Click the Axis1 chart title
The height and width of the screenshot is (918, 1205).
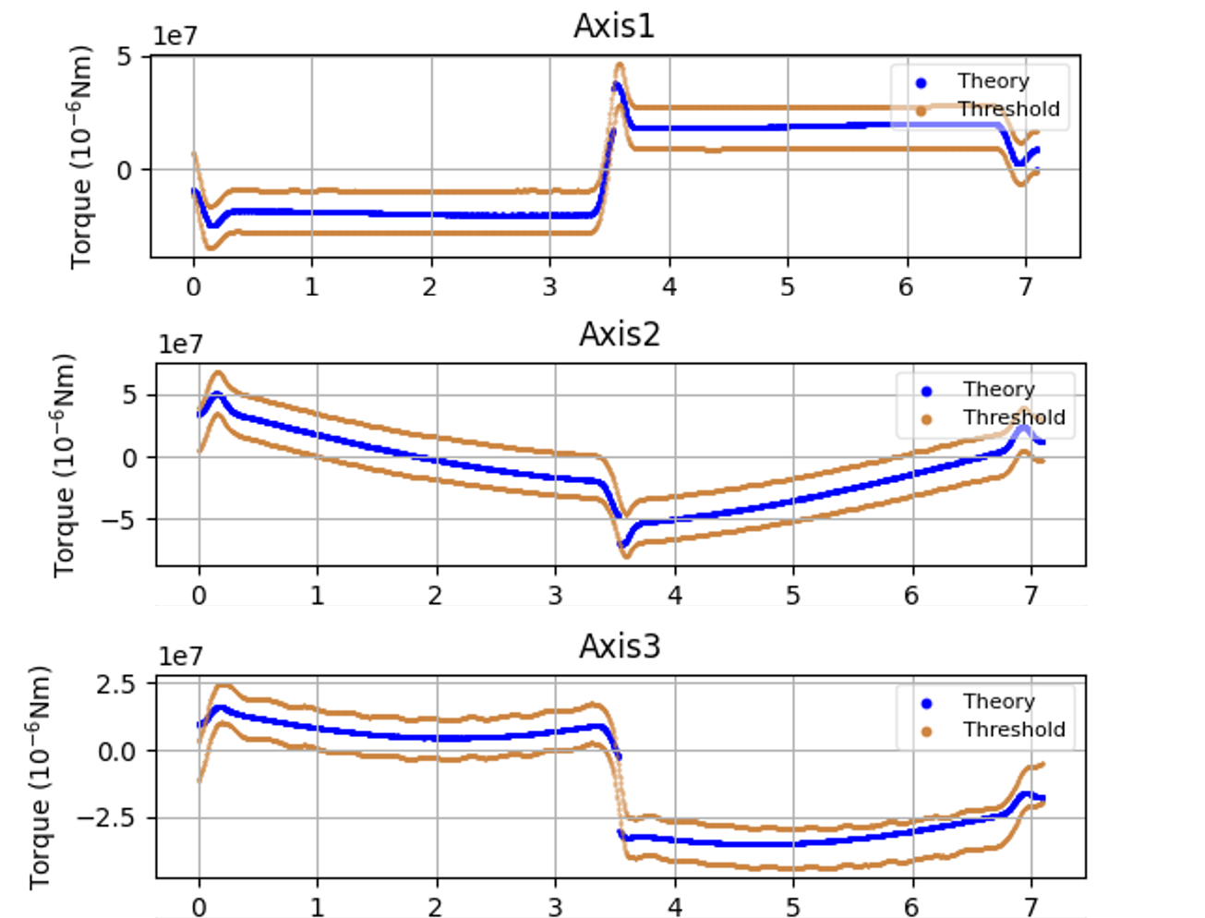(x=614, y=26)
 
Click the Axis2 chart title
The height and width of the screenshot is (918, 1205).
(x=620, y=333)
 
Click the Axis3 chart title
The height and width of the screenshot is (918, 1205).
(x=620, y=646)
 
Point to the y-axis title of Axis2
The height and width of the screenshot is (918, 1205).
(x=64, y=465)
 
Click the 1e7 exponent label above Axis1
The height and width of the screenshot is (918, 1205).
(x=175, y=36)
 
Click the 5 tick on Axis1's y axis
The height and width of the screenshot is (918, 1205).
(x=124, y=57)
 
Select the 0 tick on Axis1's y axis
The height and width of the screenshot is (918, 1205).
(x=124, y=170)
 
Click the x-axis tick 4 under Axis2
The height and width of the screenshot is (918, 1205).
(x=675, y=595)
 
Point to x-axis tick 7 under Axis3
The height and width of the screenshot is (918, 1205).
(x=1030, y=906)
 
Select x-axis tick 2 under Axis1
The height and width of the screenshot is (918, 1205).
(x=430, y=286)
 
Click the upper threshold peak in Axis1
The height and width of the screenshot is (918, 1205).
(x=620, y=66)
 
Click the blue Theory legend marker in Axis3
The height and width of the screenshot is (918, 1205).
(x=927, y=703)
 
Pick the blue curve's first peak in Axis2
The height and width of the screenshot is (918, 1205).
(x=217, y=396)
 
